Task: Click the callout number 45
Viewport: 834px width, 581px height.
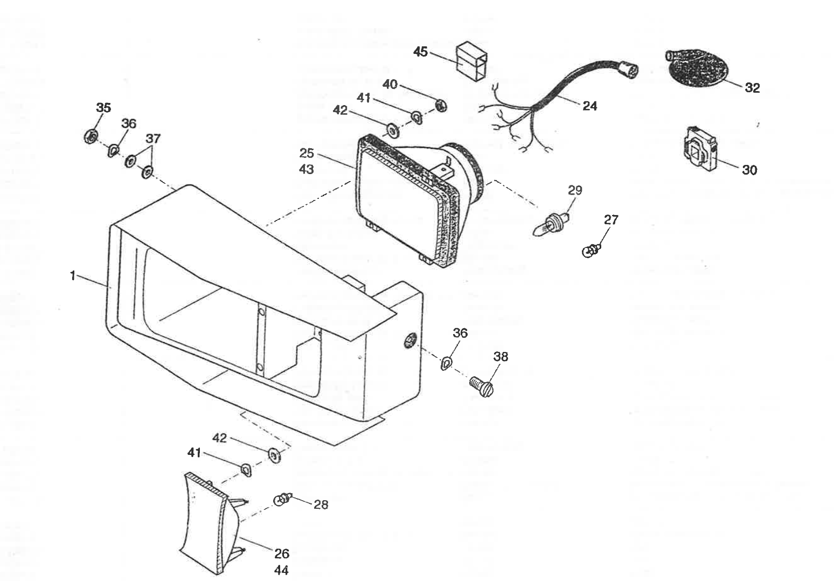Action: point(420,52)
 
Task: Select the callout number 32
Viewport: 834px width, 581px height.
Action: point(752,88)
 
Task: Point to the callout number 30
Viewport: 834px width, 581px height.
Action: point(749,170)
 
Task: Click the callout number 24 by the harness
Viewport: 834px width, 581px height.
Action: point(590,106)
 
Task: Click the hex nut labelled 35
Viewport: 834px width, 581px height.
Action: point(89,135)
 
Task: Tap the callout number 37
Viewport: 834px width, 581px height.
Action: point(153,138)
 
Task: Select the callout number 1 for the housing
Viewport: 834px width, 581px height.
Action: point(72,276)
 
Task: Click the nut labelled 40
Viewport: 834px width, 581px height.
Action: point(441,106)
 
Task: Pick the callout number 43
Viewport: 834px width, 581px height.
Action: point(307,169)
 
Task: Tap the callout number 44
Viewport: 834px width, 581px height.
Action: point(281,570)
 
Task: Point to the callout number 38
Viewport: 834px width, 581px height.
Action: point(500,357)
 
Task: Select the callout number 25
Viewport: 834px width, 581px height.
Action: point(307,153)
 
